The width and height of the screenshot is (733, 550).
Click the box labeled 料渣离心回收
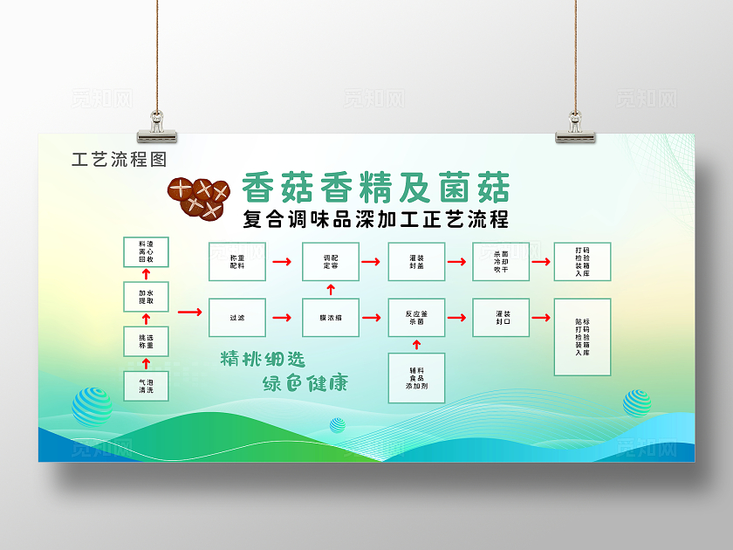146,251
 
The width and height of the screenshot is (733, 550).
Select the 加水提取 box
146,296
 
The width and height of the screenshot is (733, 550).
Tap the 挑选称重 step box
146,341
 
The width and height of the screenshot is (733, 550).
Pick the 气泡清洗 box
146,386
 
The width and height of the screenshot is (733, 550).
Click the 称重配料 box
237,261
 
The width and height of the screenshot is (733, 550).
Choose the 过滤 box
237,318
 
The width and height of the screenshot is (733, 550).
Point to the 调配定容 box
331,261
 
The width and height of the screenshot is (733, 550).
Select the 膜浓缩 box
331,318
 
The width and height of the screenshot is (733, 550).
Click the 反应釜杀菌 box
416,318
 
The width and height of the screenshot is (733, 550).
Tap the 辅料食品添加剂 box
416,378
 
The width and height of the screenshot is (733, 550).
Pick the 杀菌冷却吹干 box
501,261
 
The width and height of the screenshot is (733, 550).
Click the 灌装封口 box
501,318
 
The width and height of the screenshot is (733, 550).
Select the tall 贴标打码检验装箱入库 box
582,337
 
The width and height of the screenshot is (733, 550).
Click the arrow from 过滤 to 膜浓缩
284,318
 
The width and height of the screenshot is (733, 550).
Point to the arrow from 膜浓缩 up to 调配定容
331,289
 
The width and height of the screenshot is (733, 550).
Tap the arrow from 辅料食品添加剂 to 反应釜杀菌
416,346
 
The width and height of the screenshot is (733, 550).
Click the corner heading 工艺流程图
119,160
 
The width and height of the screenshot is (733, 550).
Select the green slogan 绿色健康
305,383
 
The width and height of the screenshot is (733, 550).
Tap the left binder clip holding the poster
157,127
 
